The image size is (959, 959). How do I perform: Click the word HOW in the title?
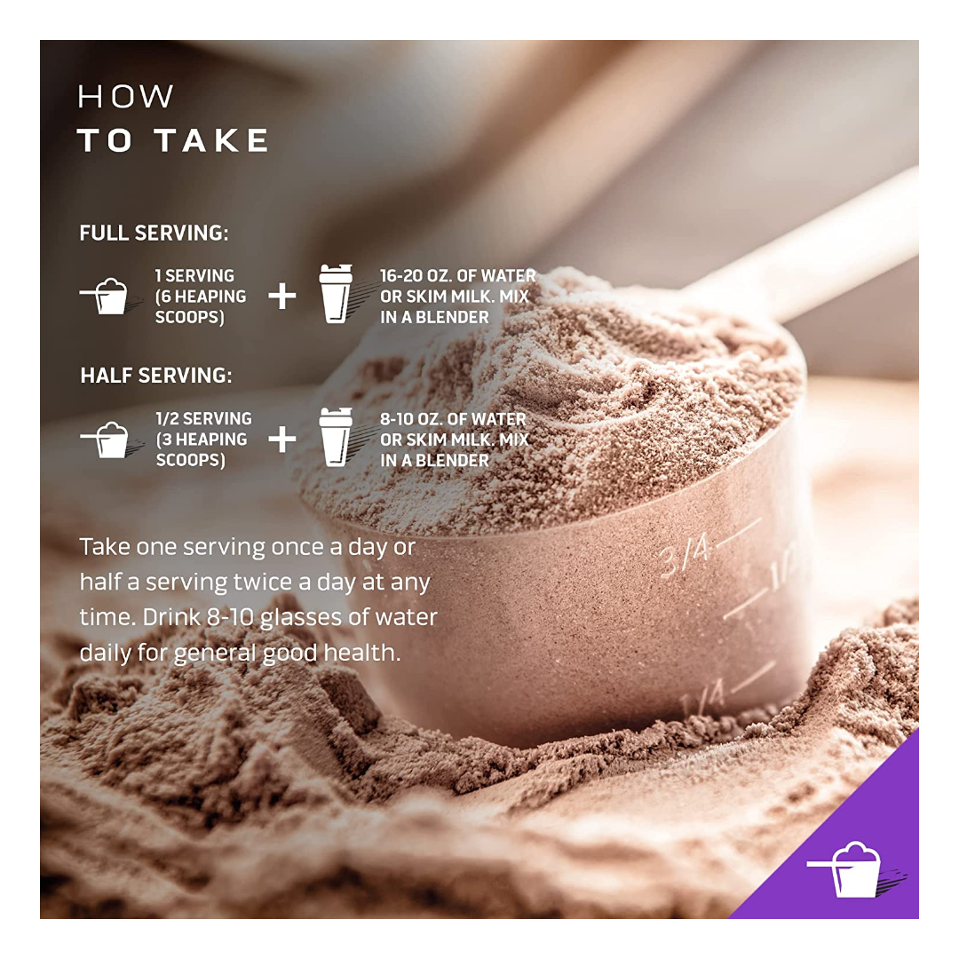pyautogui.click(x=125, y=97)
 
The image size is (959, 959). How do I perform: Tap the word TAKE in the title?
pyautogui.click(x=211, y=140)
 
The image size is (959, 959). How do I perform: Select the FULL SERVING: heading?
pyautogui.click(x=154, y=233)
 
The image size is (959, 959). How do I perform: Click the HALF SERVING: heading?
pyautogui.click(x=156, y=376)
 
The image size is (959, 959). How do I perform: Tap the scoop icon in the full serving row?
pyautogui.click(x=105, y=296)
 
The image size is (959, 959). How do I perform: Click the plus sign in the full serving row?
pyautogui.click(x=282, y=296)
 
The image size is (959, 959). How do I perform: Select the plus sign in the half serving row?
pyautogui.click(x=282, y=440)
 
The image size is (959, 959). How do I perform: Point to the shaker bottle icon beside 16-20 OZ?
pyautogui.click(x=336, y=294)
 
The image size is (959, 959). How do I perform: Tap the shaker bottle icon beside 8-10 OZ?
pyautogui.click(x=336, y=437)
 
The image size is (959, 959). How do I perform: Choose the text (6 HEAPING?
pyautogui.click(x=201, y=297)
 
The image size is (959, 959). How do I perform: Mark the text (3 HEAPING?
pyautogui.click(x=202, y=440)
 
